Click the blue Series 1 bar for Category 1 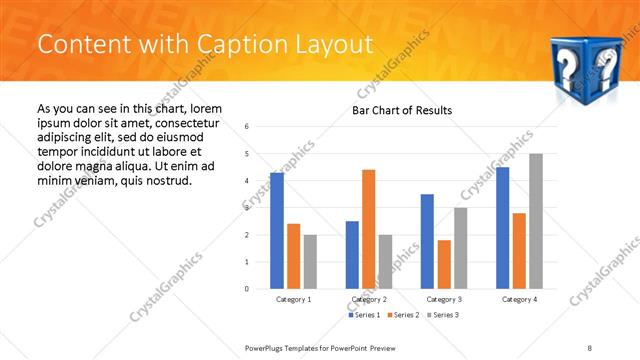277,231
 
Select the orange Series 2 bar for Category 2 368,229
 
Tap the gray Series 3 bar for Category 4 536,221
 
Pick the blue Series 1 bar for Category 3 427,241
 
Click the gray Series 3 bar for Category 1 310,262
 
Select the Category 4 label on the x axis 519,299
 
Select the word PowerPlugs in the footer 267,347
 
